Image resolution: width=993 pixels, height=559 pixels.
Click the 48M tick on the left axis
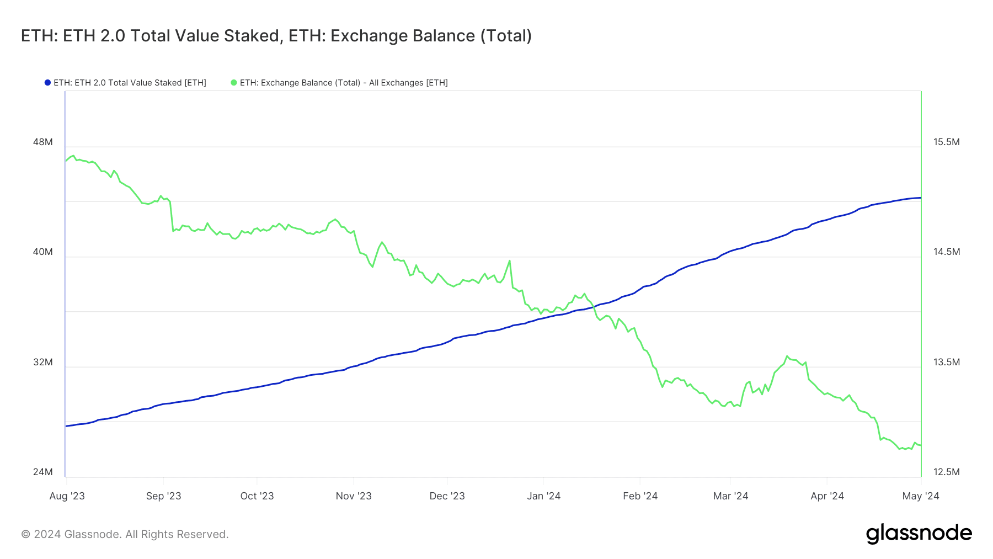point(43,142)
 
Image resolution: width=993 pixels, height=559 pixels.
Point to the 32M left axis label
point(43,362)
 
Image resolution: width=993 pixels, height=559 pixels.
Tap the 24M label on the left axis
point(43,472)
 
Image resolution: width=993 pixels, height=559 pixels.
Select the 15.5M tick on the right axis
point(947,142)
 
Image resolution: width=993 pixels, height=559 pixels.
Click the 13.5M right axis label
point(947,362)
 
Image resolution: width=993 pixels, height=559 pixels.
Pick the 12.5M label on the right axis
point(947,472)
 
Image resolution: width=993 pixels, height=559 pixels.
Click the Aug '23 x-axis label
point(67,496)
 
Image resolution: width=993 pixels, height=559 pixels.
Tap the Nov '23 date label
point(354,496)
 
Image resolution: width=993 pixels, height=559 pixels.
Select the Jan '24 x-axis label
point(543,496)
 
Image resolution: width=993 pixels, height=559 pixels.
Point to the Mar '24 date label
point(730,496)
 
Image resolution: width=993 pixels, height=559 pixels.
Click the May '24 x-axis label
point(921,496)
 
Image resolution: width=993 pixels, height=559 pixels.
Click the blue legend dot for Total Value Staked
point(47,83)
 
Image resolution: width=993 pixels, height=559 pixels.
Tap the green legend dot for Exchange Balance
point(234,83)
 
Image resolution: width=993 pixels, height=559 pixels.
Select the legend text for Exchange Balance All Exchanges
point(344,83)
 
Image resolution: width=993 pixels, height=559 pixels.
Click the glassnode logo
point(919,534)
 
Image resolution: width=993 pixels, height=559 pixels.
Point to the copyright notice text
point(125,534)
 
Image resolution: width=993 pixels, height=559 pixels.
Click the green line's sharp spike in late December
point(509,260)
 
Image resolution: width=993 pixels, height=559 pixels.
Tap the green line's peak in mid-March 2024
point(787,356)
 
